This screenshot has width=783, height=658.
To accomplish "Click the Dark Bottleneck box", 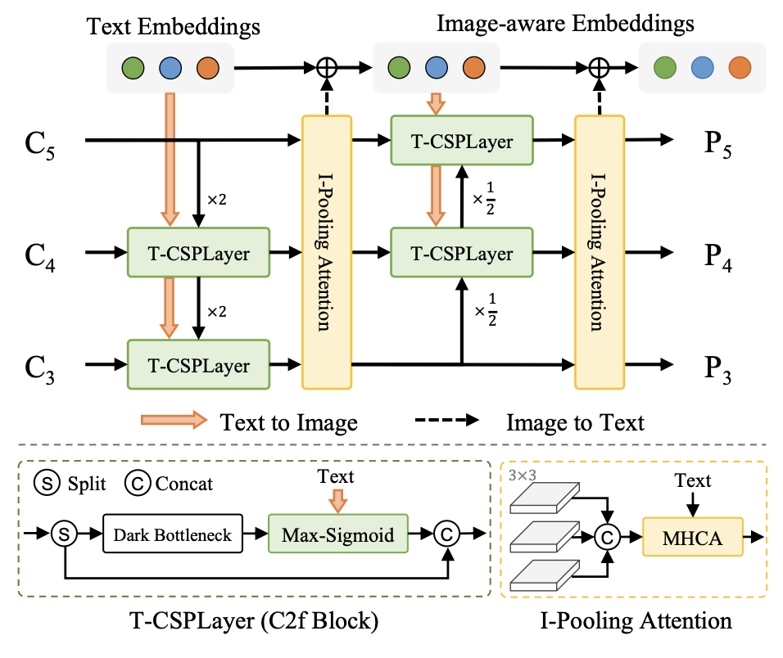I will (171, 536).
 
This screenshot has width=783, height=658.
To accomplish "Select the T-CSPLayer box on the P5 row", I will (462, 141).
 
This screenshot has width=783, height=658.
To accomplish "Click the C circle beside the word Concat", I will (136, 483).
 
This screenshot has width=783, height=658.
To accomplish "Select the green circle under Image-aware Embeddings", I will (398, 67).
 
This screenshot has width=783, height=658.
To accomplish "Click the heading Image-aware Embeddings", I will (565, 23).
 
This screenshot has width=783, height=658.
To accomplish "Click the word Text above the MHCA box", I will (693, 481).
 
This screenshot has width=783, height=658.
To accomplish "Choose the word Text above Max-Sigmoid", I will (336, 476).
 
